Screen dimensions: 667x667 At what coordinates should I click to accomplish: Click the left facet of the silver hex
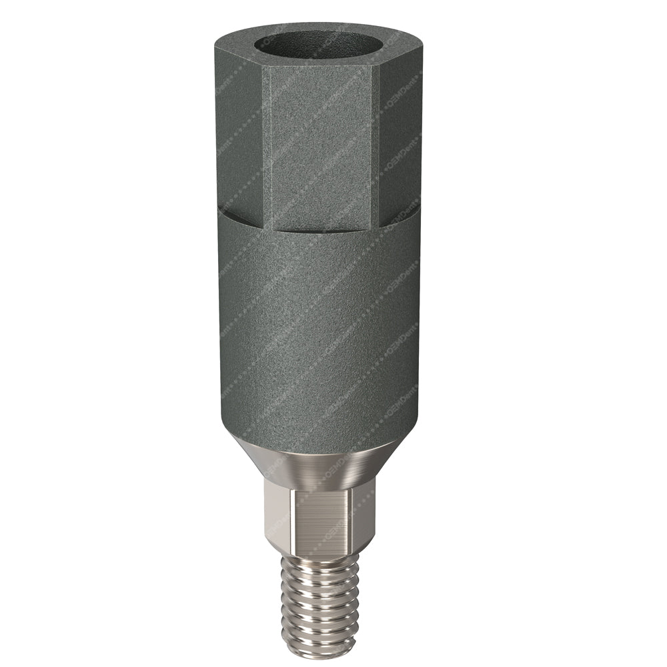tap(269, 517)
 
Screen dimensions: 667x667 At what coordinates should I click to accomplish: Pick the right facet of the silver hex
tap(369, 517)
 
